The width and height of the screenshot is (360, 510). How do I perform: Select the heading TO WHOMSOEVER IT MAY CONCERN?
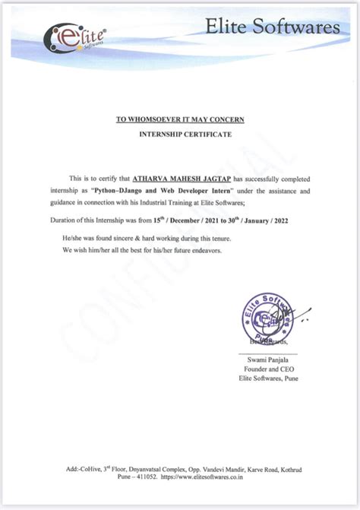pos(180,119)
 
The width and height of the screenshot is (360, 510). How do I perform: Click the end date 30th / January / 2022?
pos(255,220)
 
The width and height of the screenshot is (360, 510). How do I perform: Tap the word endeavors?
pos(201,251)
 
